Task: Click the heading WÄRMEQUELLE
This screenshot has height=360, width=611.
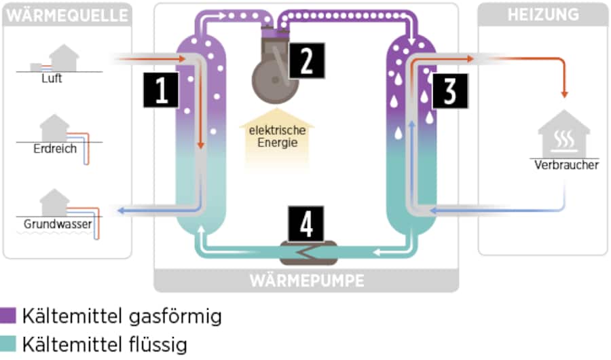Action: pos(67,14)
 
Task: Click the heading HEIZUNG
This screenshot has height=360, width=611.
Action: pos(542,14)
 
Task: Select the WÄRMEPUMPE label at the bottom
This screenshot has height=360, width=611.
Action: pos(306,280)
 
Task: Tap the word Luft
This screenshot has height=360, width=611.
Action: pos(51,78)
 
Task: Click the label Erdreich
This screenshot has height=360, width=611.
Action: pos(55,149)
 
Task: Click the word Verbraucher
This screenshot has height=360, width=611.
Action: pos(566,165)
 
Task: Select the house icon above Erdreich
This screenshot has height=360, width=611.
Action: pos(54,127)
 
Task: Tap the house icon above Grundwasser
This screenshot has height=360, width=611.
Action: pos(54,202)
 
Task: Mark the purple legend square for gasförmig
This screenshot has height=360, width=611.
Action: pos(8,316)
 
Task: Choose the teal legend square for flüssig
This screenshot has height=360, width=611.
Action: pos(8,344)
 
